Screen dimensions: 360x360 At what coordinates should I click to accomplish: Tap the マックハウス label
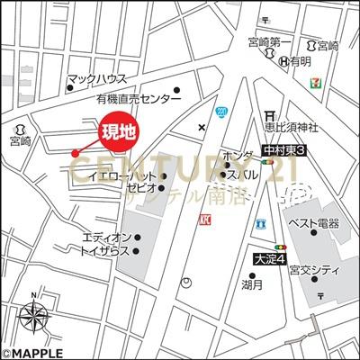pos(97,79)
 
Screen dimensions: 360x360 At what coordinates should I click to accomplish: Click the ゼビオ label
pos(142,189)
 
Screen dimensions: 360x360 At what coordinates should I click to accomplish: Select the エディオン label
pos(107,238)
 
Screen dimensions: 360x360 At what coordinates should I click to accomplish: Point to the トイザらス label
pos(107,253)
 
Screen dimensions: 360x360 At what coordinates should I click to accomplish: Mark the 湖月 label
pos(251,284)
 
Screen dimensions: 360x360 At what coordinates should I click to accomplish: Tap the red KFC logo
pos(205,219)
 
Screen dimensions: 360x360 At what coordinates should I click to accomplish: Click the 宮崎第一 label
pos(271,42)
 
